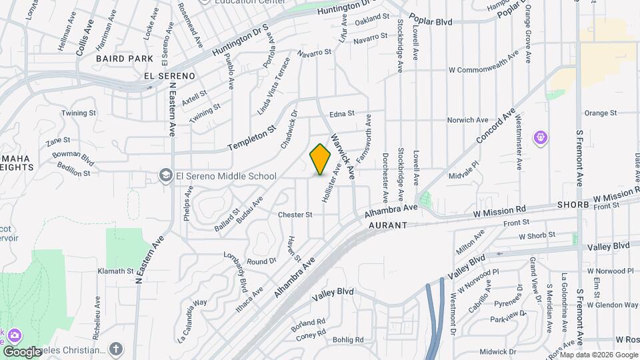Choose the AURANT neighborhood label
(x=387, y=226)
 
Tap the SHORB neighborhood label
(x=573, y=205)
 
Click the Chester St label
(x=295, y=215)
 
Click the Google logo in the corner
(x=23, y=351)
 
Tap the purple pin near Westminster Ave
(x=541, y=138)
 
